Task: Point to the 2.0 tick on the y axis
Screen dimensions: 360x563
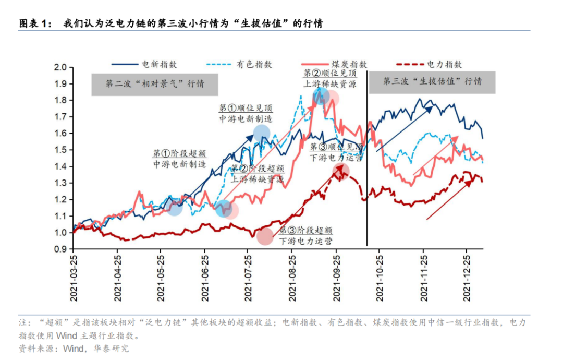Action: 62,67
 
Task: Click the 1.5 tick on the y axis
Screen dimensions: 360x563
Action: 62,150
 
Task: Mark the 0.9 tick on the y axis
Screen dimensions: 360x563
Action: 62,249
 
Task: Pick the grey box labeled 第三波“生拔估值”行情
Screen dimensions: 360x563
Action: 432,82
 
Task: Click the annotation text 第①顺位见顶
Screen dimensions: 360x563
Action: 246,108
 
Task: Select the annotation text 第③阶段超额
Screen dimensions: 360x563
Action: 306,230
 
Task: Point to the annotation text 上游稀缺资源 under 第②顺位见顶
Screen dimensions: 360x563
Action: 330,83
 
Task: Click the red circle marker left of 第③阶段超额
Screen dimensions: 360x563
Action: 265,236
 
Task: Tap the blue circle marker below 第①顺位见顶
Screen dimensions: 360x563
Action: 262,134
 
